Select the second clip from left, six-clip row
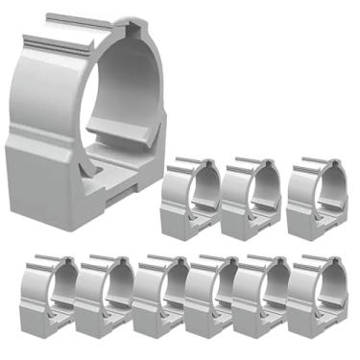[x=104, y=298]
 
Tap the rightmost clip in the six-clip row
[x=317, y=298]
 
